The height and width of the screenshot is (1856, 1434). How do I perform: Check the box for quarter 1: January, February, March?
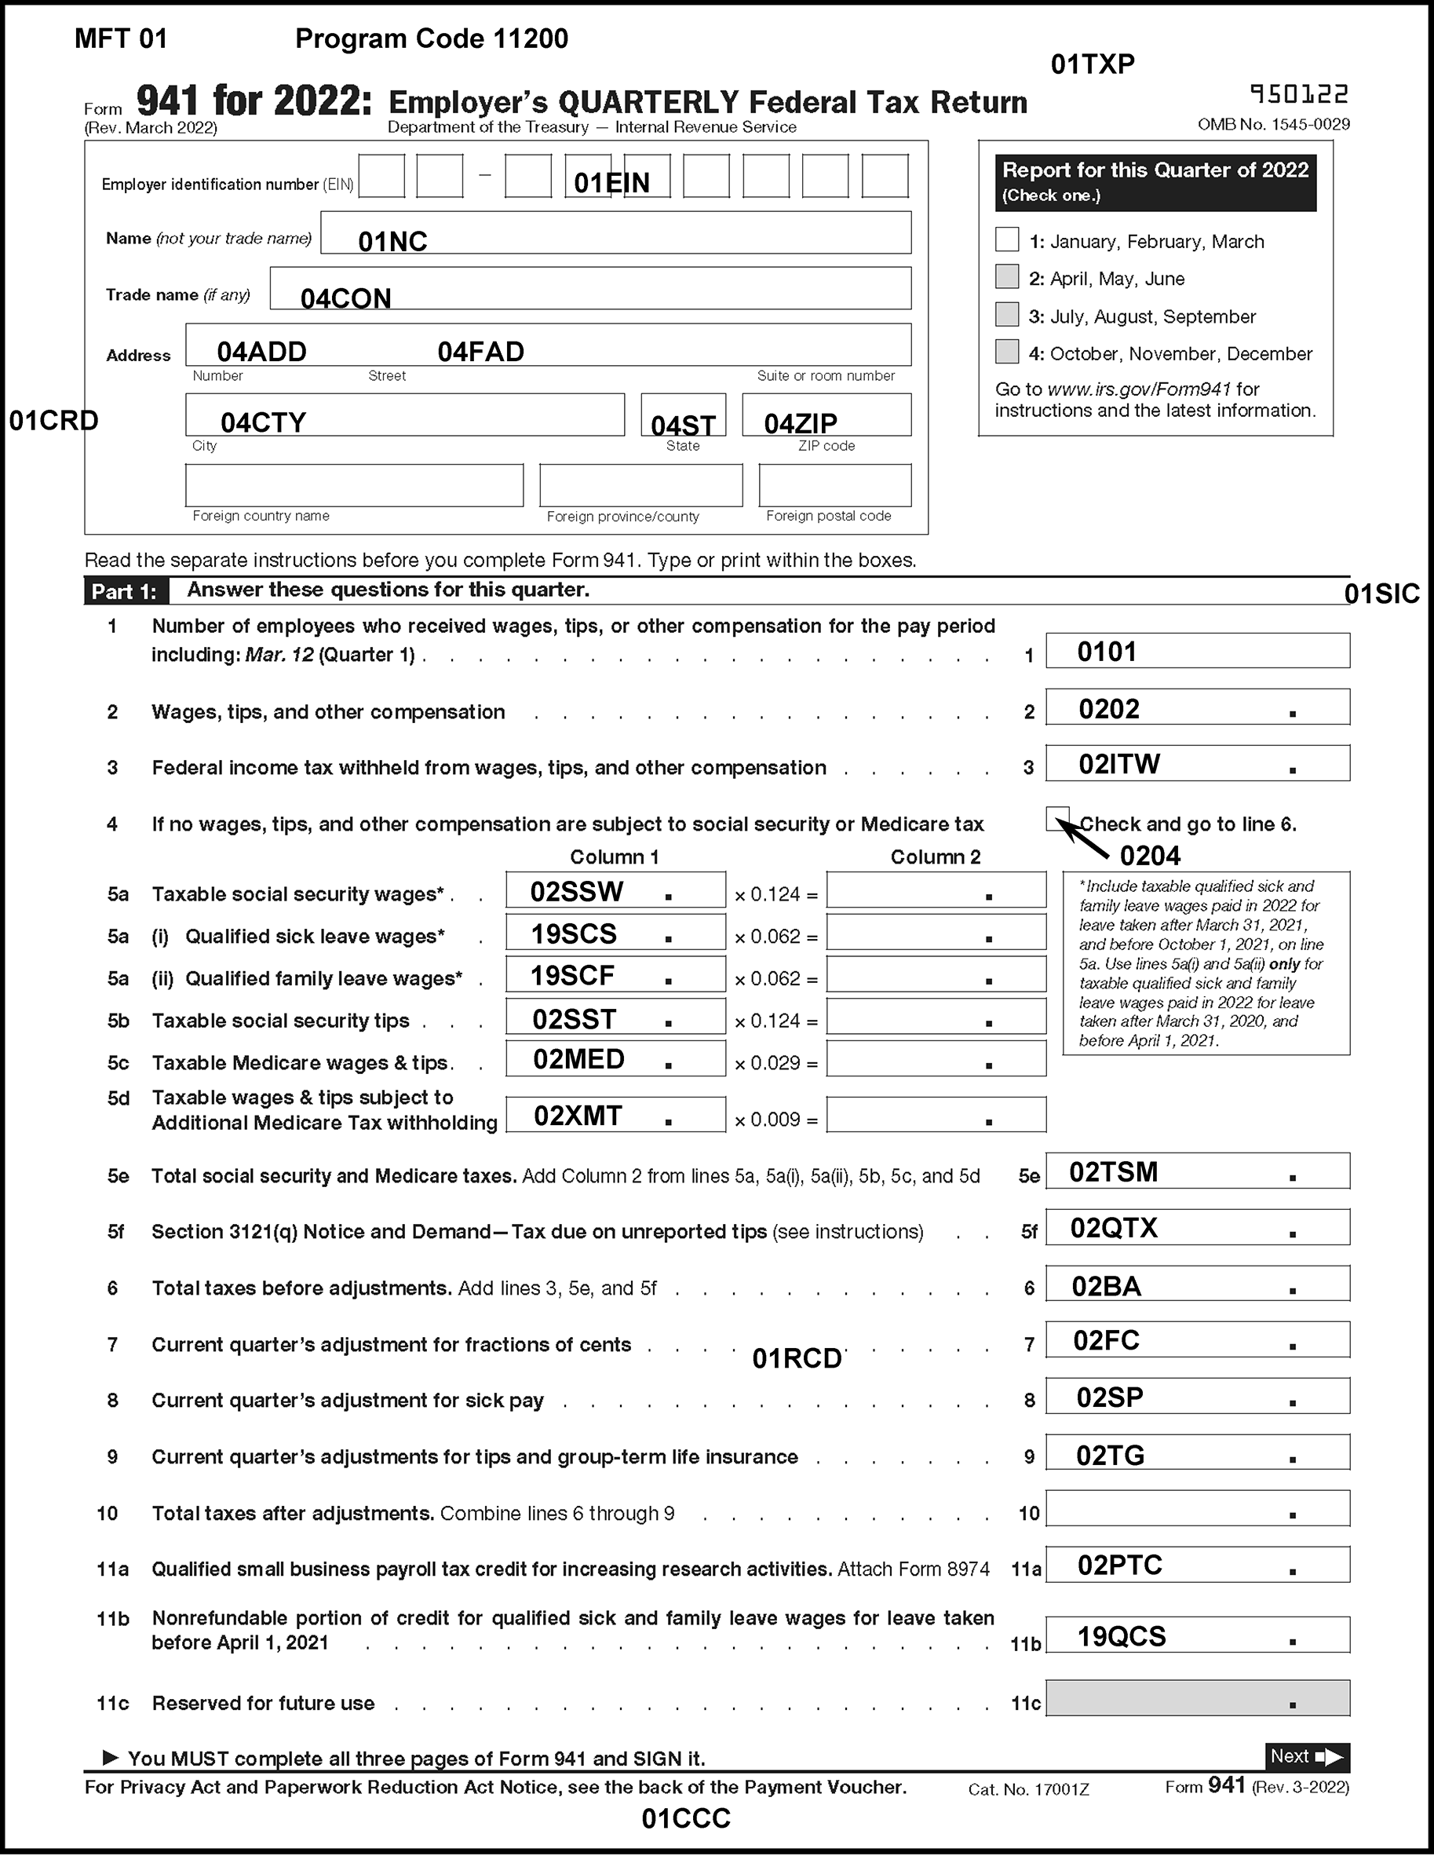pos(1007,239)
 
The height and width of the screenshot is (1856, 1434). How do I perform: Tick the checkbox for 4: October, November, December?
pos(1007,352)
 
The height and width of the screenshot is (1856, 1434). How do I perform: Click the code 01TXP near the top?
pos(1093,64)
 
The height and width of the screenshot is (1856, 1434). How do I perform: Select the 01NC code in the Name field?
pos(392,242)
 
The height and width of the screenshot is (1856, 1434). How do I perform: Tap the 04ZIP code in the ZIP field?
pos(801,423)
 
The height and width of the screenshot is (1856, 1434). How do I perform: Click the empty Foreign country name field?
pos(354,485)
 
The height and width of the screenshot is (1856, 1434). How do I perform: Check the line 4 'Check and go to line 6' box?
pos(1058,818)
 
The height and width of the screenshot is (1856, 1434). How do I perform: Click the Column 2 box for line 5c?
pos(936,1059)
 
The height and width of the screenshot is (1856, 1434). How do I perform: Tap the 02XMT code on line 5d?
pos(578,1116)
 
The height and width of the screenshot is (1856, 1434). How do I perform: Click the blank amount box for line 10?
pos(1197,1509)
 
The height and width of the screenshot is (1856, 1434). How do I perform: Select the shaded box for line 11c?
pos(1197,1699)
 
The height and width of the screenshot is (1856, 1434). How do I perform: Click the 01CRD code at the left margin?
pos(53,421)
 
